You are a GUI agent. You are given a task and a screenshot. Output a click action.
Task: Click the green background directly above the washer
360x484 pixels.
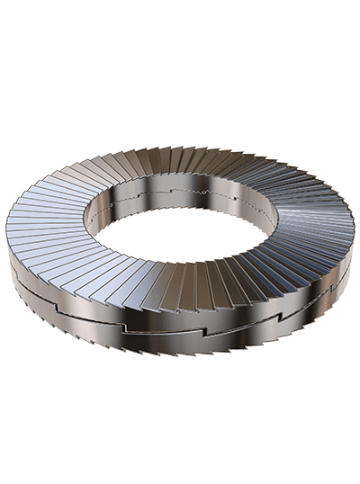(180, 72)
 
